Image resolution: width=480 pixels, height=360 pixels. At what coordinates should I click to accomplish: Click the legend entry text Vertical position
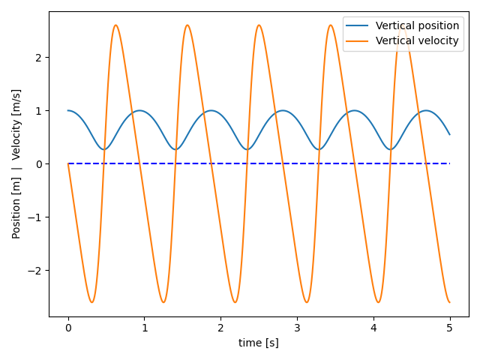[x=417, y=25]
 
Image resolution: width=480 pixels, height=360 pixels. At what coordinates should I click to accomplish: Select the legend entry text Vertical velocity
[x=417, y=40]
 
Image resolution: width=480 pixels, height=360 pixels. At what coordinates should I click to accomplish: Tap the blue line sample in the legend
[x=358, y=26]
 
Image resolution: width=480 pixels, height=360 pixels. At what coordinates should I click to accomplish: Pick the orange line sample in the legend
[x=358, y=41]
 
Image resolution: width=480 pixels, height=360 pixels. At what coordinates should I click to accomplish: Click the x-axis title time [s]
[x=259, y=343]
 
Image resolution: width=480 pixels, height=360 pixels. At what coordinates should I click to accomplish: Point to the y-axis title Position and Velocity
[x=16, y=163]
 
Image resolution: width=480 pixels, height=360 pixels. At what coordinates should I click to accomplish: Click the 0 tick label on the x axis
[x=68, y=328]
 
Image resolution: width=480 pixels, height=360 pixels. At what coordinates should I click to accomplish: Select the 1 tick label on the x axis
[x=145, y=328]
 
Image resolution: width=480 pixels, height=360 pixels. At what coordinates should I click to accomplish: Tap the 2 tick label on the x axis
[x=220, y=328]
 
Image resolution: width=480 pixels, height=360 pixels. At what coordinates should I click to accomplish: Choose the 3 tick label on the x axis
[x=297, y=328]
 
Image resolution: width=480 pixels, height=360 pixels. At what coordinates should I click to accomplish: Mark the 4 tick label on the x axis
[x=373, y=328]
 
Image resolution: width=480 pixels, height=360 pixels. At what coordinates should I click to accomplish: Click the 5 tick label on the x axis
[x=450, y=328]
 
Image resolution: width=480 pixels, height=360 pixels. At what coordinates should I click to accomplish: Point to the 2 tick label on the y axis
[x=39, y=58]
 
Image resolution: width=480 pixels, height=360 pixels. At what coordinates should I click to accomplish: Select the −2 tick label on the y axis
[x=35, y=271]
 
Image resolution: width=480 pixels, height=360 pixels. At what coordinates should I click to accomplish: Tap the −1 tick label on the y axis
[x=35, y=217]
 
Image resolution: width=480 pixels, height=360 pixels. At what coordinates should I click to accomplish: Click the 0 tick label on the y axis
[x=39, y=164]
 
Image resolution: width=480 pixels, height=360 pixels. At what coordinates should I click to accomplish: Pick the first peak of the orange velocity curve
[x=115, y=25]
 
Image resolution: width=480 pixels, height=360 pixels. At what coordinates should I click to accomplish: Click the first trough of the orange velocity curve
[x=91, y=302]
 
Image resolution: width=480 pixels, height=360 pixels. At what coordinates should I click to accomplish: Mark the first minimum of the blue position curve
[x=103, y=149]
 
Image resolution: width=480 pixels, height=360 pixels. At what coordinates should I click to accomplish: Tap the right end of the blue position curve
[x=450, y=135]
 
